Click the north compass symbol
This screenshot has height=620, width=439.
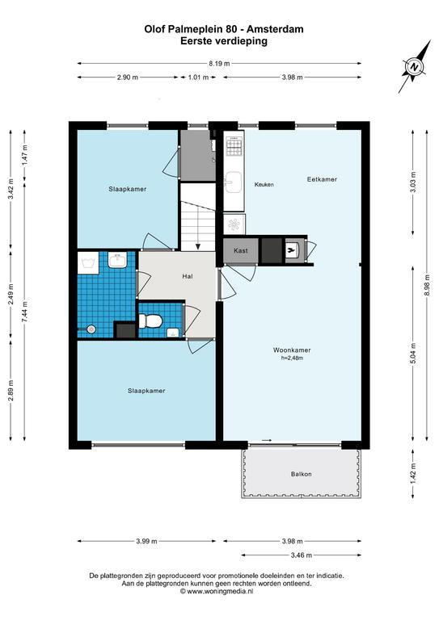[415, 66]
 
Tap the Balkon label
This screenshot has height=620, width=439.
[301, 474]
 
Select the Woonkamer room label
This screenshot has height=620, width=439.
[292, 350]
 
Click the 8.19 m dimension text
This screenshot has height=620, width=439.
[219, 63]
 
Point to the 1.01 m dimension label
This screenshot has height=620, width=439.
[198, 77]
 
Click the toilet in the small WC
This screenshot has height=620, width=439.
[150, 320]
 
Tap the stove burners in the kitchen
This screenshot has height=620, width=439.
[234, 146]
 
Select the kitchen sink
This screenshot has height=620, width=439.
[234, 182]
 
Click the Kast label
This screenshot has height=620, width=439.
[241, 250]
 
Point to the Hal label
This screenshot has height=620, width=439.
[188, 276]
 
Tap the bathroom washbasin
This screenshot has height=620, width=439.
[117, 261]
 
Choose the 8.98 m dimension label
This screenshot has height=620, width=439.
[427, 285]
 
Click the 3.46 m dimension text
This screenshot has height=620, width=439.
[302, 555]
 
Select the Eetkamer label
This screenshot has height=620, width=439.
[322, 179]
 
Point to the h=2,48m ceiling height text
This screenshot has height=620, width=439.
[292, 358]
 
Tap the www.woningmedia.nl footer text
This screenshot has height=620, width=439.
[217, 592]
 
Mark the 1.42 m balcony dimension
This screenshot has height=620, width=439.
[413, 473]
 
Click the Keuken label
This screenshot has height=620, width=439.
[264, 184]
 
